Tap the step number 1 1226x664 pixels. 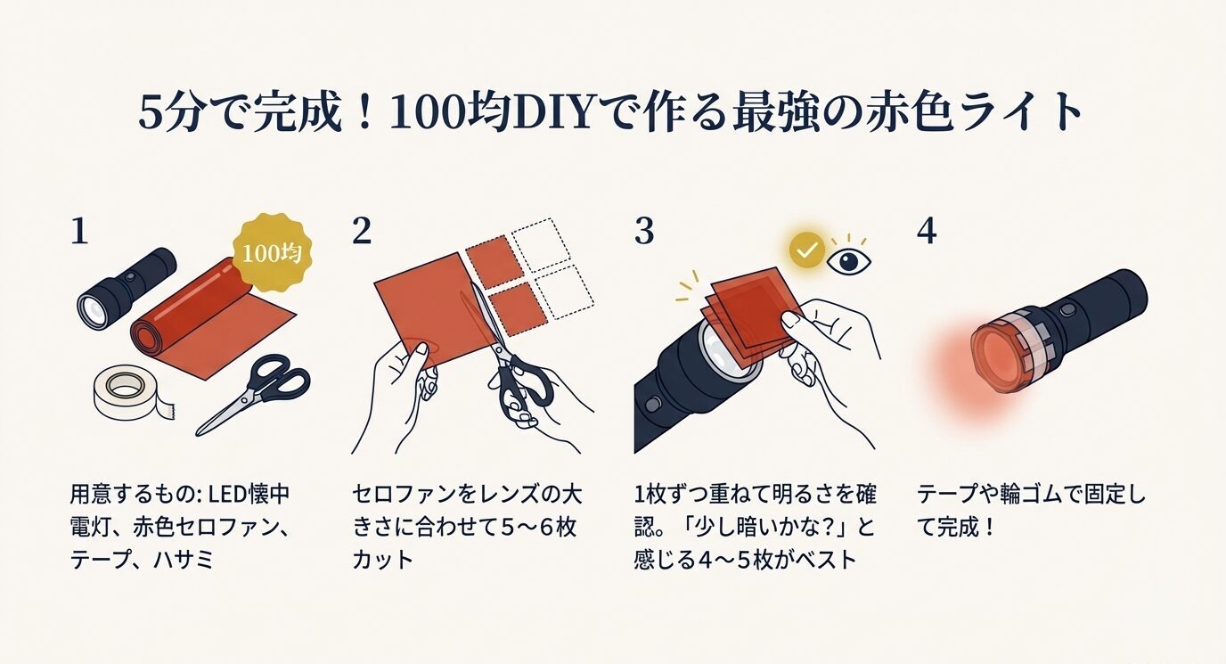click(x=79, y=231)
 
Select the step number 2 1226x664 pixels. click(x=361, y=231)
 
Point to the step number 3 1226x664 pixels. click(x=644, y=231)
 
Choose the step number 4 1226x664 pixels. click(x=927, y=231)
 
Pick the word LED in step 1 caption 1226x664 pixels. click(x=237, y=495)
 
